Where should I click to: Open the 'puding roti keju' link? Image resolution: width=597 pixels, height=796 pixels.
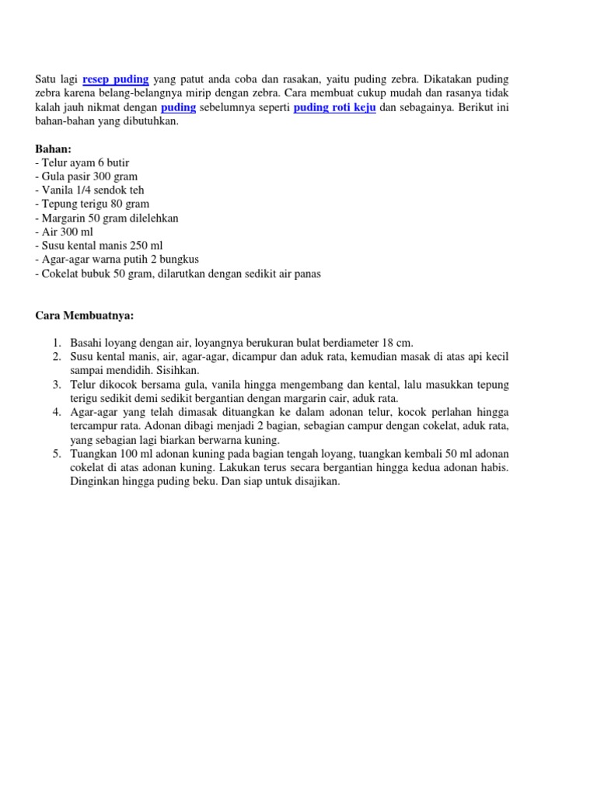(334, 107)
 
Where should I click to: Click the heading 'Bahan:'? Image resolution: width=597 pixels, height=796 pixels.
(54, 148)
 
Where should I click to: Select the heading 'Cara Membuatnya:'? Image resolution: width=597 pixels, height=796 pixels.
(85, 316)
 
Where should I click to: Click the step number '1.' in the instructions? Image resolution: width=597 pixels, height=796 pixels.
(58, 343)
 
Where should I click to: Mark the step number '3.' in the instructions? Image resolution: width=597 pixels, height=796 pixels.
(58, 385)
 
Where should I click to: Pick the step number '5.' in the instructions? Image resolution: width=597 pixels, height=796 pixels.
(58, 454)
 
